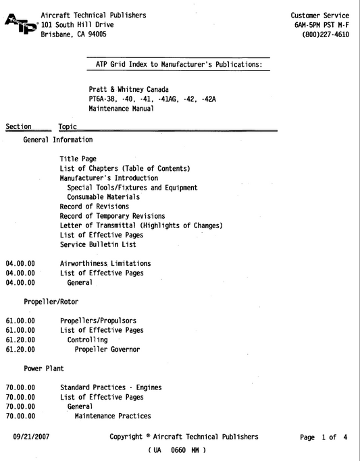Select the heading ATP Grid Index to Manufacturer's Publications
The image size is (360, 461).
coord(178,65)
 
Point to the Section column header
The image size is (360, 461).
coord(18,126)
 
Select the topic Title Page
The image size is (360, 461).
coord(78,159)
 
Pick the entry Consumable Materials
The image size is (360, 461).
coord(103,197)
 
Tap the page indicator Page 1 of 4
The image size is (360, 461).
coord(324,437)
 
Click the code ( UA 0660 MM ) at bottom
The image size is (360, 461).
coord(177,450)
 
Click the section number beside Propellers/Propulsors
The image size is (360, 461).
coord(20,321)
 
